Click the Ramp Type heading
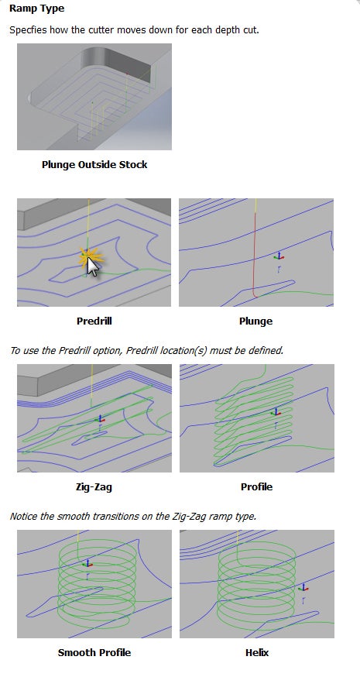tap(36, 9)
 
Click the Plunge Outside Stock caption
tap(94, 164)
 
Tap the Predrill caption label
tap(94, 321)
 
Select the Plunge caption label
tap(256, 321)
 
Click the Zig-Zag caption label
tap(94, 486)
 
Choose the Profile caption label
tap(256, 486)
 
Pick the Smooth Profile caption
tap(94, 652)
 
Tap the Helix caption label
tap(257, 652)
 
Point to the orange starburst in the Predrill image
tap(89, 258)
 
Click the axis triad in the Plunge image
tap(279, 256)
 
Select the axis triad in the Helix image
tap(303, 588)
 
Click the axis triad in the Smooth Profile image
tap(87, 563)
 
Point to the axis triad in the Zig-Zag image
tap(100, 419)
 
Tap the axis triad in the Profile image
tap(276, 413)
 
